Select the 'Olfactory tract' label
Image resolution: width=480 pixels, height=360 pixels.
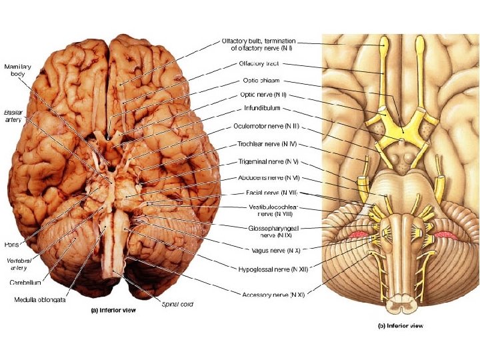coord(259,64)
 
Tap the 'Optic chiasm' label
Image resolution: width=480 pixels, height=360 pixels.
coord(258,80)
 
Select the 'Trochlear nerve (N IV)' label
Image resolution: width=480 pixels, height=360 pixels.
coord(266,143)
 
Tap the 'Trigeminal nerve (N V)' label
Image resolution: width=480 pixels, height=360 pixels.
coord(267,161)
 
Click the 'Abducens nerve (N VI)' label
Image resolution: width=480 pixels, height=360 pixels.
coord(267,178)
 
